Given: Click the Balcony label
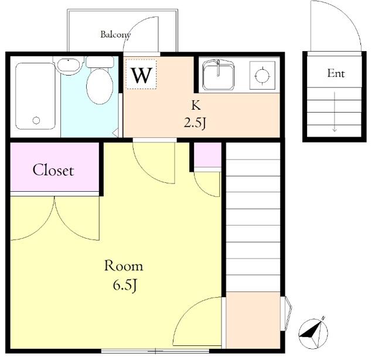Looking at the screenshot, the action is pos(115,35).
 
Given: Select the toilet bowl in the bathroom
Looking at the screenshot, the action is pos(100,86).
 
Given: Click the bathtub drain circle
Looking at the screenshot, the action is pos(36,120).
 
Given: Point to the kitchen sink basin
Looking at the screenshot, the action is pos(218,75).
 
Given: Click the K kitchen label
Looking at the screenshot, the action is pos(196,106).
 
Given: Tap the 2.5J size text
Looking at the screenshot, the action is pos(195,123).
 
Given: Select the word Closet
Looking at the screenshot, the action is pos(53,170).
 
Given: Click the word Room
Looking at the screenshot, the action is pos(124,266).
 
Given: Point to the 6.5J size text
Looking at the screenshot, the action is pos(125,285).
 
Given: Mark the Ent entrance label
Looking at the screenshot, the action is pos(336,73).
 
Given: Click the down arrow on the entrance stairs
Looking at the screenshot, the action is pos(335,112).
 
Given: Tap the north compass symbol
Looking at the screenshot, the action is pos(313,333).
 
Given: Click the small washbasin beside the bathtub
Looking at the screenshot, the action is pos(69,64).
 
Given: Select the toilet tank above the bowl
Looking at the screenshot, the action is pos(100,62).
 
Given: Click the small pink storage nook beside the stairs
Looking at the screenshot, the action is pos(207,155).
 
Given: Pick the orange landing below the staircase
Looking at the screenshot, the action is pos(253,320).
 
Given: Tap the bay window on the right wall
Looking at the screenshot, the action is pos(287,314).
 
